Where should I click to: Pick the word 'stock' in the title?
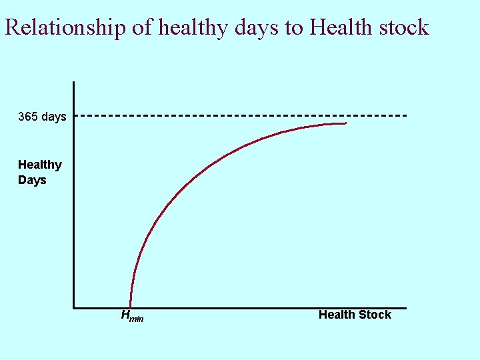click(x=402, y=28)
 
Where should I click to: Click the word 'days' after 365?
click(x=53, y=117)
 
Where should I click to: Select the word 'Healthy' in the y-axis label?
click(x=40, y=165)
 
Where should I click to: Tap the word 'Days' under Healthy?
click(x=32, y=180)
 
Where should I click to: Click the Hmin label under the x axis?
click(x=131, y=316)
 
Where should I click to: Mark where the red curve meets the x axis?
click(x=130, y=307)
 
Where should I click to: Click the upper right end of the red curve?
click(x=346, y=123)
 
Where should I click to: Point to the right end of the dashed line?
click(x=405, y=116)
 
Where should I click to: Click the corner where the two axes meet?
click(x=73, y=308)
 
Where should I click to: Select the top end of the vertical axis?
click(x=73, y=82)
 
